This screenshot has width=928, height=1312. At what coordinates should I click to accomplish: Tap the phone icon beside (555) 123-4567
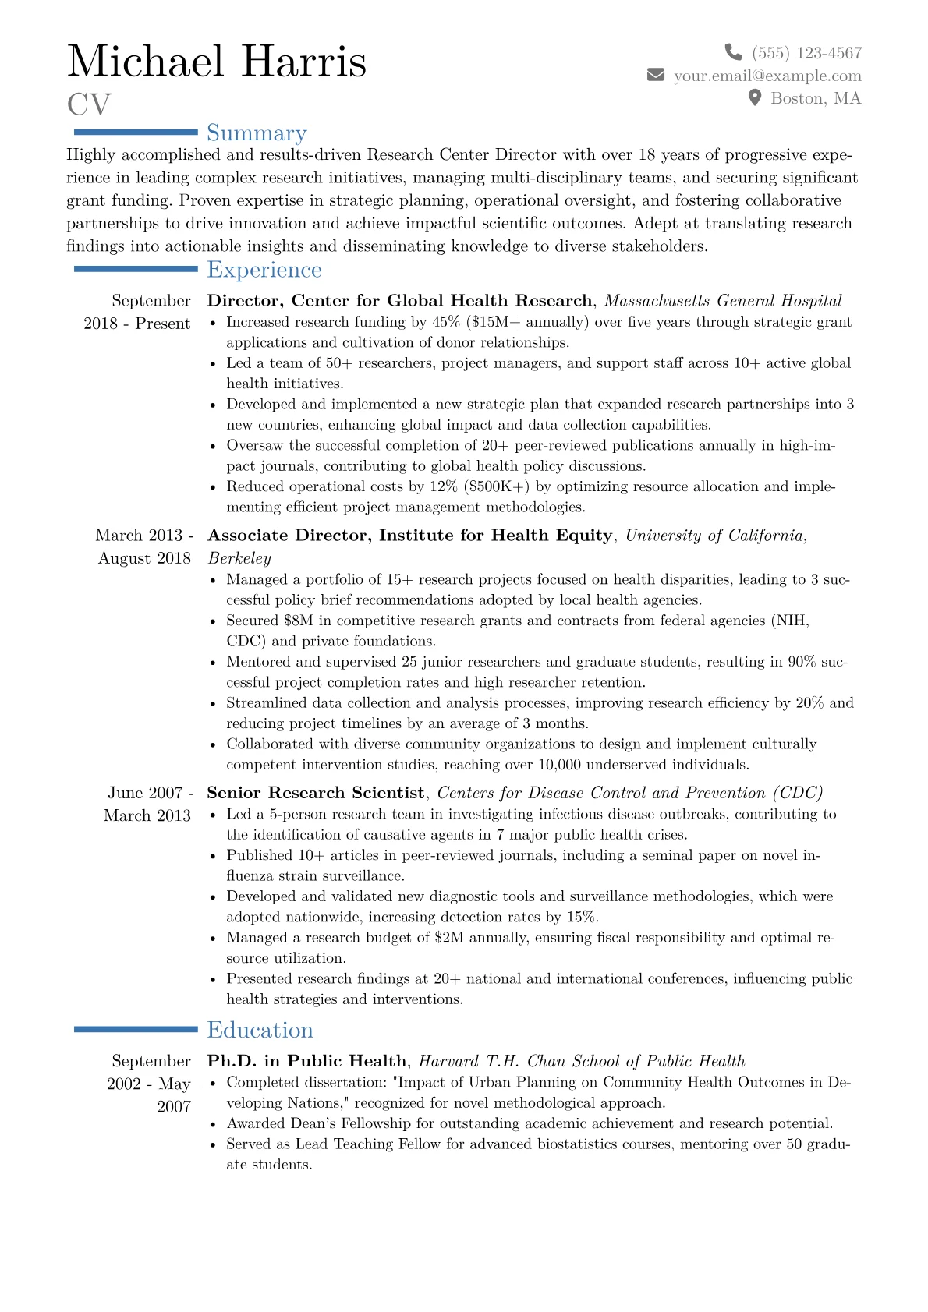[733, 52]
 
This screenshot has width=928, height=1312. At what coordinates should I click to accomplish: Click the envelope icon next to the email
[656, 75]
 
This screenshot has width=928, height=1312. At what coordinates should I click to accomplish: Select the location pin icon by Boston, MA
[754, 97]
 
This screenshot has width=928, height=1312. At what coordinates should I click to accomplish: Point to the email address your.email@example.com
[767, 76]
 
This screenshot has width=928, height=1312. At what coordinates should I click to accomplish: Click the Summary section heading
[257, 133]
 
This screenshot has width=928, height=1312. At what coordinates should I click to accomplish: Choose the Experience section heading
[264, 270]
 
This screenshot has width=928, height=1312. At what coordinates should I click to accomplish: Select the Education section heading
[260, 1030]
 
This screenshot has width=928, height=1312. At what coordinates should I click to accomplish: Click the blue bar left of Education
[136, 1030]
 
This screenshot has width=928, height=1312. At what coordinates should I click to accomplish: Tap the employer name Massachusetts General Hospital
[723, 301]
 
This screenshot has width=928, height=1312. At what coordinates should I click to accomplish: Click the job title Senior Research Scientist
[315, 793]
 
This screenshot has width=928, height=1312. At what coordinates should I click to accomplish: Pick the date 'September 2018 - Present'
[137, 312]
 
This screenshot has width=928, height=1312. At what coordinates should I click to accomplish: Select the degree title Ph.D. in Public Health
[306, 1061]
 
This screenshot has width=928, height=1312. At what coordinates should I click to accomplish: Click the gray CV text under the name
[89, 104]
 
